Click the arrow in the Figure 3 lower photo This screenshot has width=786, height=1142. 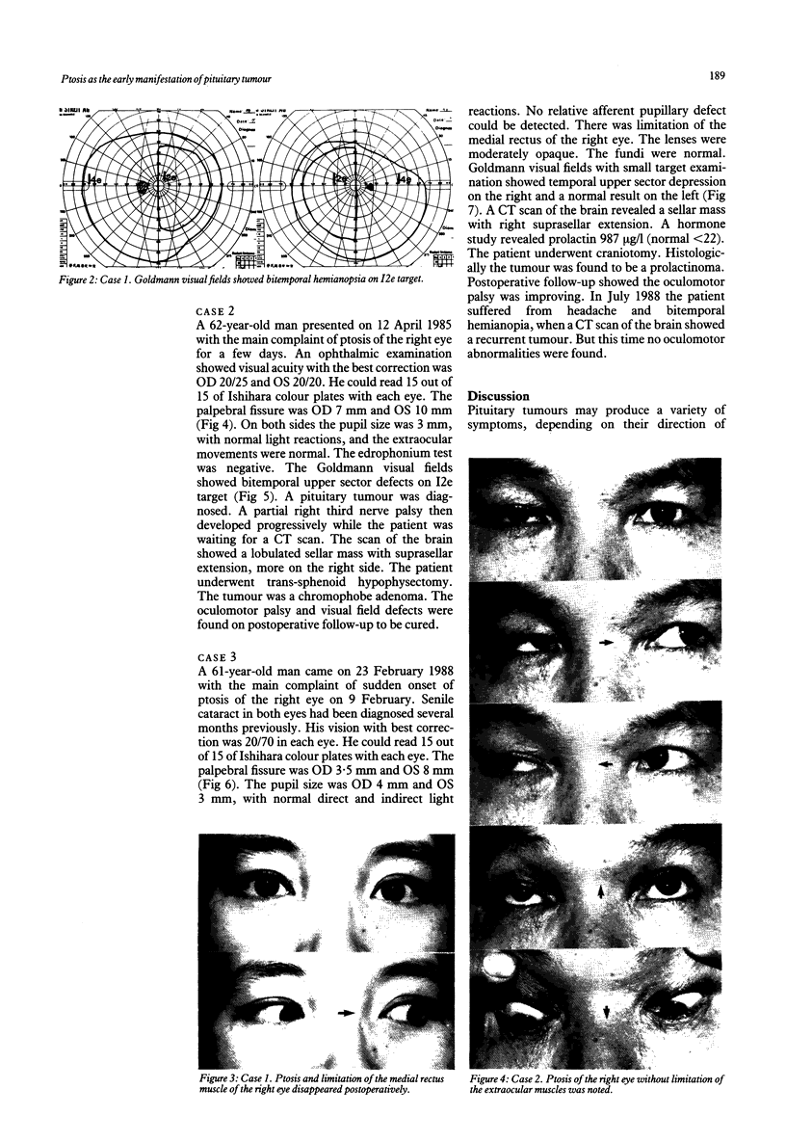[x=348, y=1014]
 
